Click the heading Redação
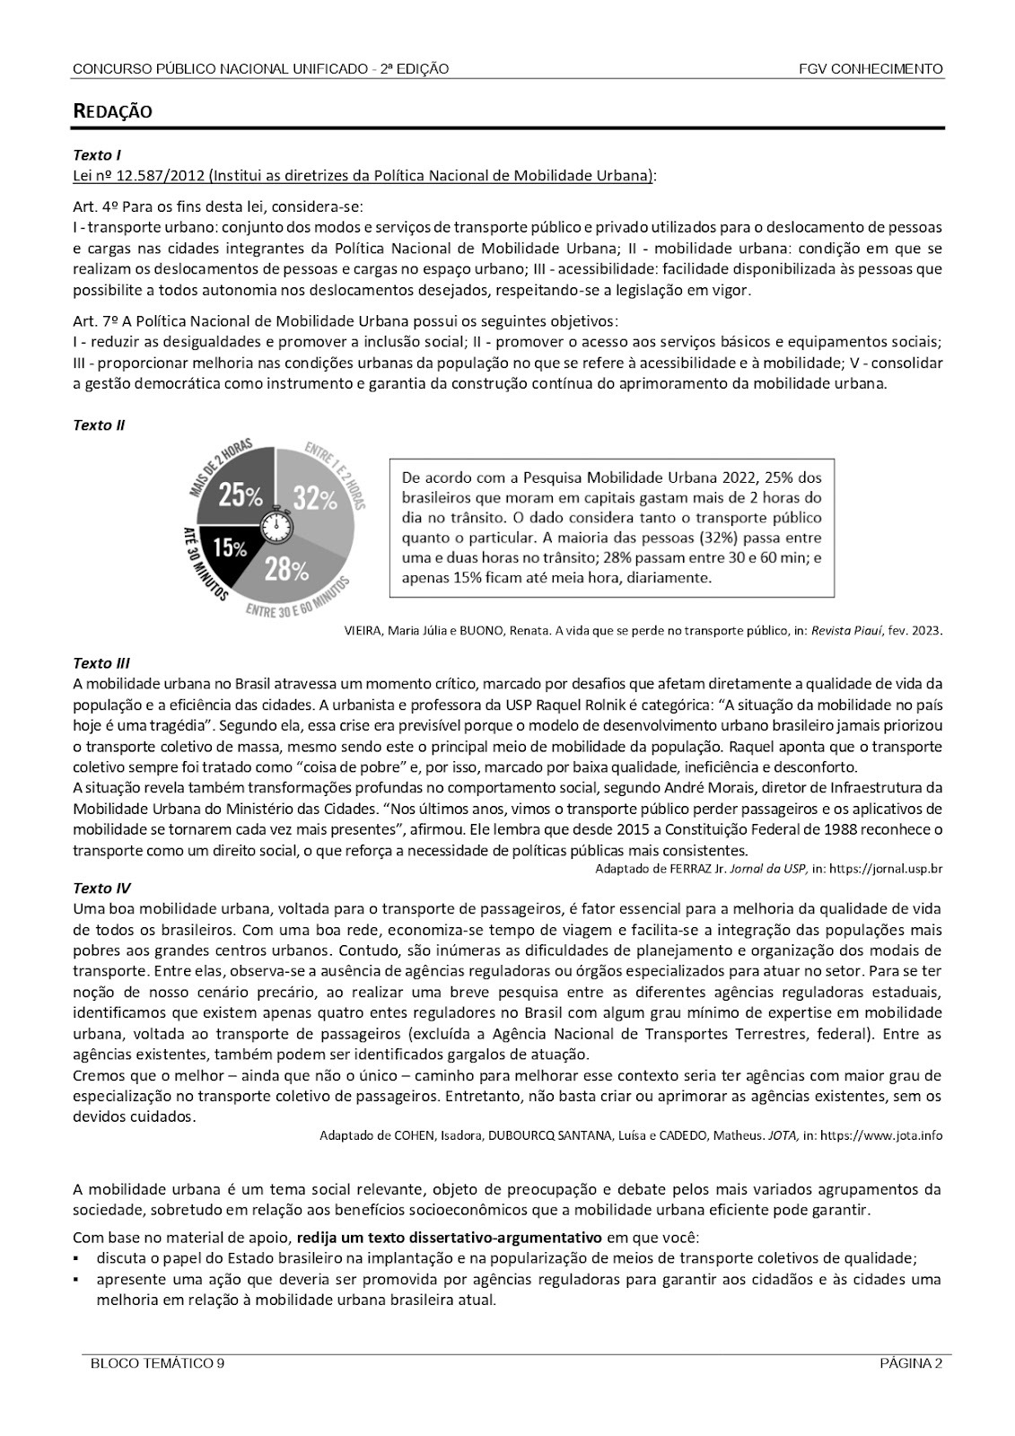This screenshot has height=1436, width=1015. tap(112, 111)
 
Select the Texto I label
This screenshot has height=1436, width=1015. tap(92, 154)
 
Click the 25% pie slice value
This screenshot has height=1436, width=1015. tap(241, 495)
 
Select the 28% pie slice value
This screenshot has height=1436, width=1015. tap(286, 568)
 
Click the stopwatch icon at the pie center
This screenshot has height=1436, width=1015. tap(276, 522)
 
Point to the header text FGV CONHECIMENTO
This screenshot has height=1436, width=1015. tap(871, 69)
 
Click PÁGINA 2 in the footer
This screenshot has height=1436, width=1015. tap(910, 1364)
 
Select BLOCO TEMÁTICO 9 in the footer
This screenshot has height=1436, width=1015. tap(157, 1364)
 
